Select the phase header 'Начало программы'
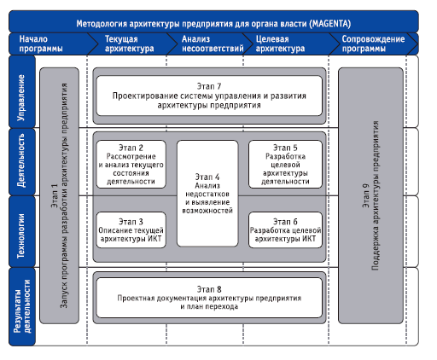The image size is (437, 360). (x=41, y=44)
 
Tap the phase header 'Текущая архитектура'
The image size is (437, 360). (x=130, y=44)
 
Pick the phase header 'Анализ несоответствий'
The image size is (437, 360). (x=213, y=44)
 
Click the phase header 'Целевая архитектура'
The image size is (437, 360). (x=280, y=44)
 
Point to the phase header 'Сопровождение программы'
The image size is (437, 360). (x=373, y=44)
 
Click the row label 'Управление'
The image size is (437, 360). (x=21, y=97)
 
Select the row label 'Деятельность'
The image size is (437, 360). (x=21, y=160)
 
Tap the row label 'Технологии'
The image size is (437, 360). (x=21, y=235)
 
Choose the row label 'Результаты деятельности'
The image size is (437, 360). (x=22, y=306)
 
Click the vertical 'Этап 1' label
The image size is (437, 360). (x=55, y=195)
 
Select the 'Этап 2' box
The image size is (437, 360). (x=131, y=164)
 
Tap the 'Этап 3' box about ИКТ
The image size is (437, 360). (x=131, y=229)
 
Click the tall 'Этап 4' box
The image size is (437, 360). (x=207, y=194)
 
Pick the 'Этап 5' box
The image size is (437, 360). (x=285, y=164)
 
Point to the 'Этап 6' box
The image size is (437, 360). (x=285, y=229)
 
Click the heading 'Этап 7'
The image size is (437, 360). (x=209, y=86)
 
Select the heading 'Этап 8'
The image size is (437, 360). (x=209, y=289)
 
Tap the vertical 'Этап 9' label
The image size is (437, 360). (x=365, y=195)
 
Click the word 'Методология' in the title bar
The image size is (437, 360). (x=102, y=23)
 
